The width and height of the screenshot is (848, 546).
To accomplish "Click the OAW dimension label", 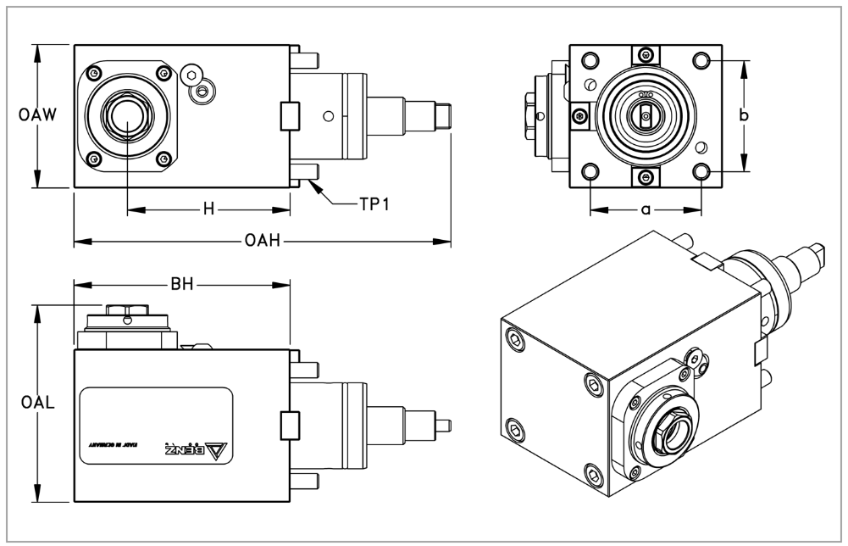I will click(36, 116).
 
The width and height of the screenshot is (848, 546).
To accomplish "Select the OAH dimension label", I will click(261, 242).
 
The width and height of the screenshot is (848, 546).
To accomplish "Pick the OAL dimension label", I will click(36, 404).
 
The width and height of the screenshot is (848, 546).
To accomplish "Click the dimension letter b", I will click(743, 117).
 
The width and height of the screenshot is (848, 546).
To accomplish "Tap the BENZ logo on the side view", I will click(190, 448).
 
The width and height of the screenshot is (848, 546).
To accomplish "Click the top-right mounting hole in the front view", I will click(701, 60).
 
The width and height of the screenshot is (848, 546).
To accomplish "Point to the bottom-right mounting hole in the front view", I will click(701, 173).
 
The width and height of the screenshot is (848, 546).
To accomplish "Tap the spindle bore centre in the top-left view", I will click(126, 115).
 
